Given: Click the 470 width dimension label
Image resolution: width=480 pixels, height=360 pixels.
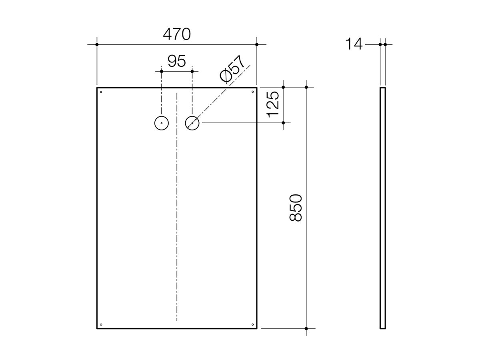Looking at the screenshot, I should pyautogui.click(x=176, y=35).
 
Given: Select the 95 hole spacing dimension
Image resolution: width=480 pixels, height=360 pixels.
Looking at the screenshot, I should pyautogui.click(x=176, y=61).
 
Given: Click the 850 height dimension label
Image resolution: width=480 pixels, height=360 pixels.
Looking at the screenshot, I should pyautogui.click(x=297, y=208).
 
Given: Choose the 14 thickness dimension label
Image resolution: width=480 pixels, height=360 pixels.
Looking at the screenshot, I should pyautogui.click(x=354, y=44).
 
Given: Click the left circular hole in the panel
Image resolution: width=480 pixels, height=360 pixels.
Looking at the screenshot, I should pyautogui.click(x=161, y=123).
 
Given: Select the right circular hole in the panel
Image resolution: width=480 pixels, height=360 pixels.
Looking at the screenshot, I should pyautogui.click(x=192, y=123).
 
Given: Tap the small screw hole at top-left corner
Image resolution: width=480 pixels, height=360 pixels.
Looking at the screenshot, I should pyautogui.click(x=101, y=92).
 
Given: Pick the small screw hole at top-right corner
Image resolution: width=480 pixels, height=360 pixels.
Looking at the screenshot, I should pyautogui.click(x=252, y=92).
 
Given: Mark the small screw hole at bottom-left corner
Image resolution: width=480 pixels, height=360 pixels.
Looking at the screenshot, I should pyautogui.click(x=101, y=324).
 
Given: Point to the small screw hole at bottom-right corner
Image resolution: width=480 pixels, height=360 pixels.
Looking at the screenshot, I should pyautogui.click(x=252, y=324).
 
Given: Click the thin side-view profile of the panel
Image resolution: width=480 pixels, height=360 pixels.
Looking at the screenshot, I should pyautogui.click(x=383, y=208).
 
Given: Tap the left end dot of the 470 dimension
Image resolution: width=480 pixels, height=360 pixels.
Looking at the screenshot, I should pyautogui.click(x=97, y=44).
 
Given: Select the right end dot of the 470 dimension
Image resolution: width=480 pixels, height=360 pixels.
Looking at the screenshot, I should pyautogui.click(x=257, y=44).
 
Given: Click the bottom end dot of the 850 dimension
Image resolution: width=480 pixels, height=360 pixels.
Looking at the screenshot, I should pyautogui.click(x=306, y=328).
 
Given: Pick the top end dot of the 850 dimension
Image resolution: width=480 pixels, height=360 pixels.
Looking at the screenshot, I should pyautogui.click(x=306, y=87).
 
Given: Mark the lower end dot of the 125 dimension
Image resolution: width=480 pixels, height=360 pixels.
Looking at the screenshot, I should pyautogui.click(x=283, y=123).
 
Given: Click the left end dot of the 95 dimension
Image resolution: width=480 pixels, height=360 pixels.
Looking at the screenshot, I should pyautogui.click(x=161, y=71).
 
